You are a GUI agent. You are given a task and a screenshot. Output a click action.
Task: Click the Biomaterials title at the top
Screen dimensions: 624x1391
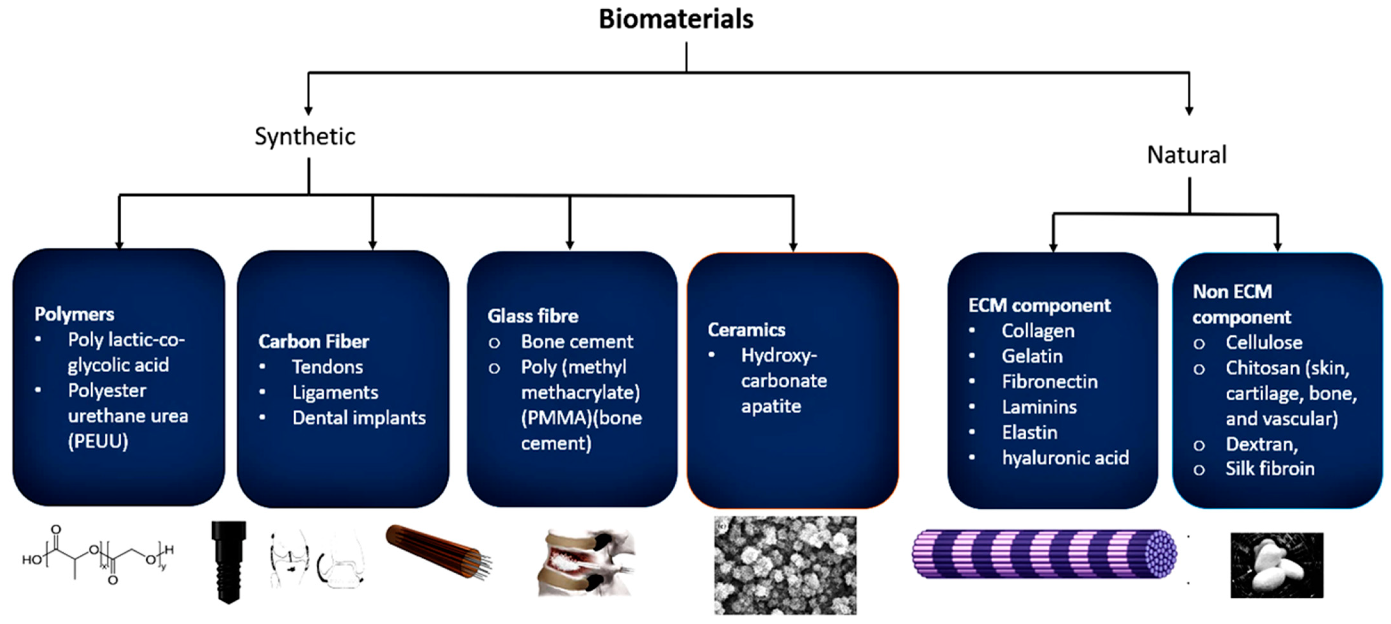(x=676, y=20)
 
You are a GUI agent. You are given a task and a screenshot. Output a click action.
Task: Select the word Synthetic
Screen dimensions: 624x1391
(x=305, y=136)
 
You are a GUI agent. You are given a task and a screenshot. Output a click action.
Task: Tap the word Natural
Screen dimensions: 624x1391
(x=1186, y=155)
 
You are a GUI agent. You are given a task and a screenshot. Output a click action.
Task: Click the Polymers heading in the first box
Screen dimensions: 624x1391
(x=75, y=314)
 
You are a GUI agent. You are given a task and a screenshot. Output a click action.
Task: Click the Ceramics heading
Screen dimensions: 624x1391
(x=746, y=330)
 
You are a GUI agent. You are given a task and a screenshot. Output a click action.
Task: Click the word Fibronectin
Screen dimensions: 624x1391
(x=1050, y=382)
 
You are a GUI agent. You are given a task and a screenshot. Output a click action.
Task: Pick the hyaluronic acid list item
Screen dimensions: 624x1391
(x=1065, y=458)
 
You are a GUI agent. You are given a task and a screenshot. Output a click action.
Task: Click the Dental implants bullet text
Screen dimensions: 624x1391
(x=359, y=418)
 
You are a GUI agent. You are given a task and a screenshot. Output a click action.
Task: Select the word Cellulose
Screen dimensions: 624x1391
(x=1264, y=342)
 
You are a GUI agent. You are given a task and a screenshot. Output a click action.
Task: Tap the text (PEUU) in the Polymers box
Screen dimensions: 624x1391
(x=98, y=441)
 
